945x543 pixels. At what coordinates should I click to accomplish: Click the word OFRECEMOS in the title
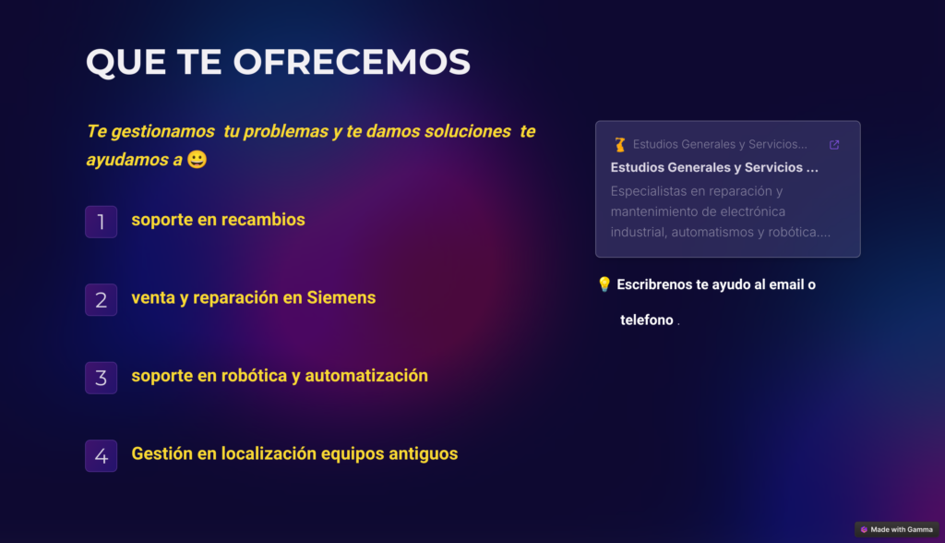[x=352, y=62]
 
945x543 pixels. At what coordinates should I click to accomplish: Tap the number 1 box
[x=102, y=222]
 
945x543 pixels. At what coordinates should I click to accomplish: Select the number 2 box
[x=102, y=299]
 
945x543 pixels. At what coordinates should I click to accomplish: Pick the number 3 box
[x=102, y=378]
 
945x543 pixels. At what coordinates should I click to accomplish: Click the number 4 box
[x=102, y=455]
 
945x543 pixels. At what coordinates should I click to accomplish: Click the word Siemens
[x=341, y=297]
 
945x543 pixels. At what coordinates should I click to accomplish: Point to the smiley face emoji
[x=197, y=160]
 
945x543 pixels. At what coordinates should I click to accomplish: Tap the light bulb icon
[x=604, y=284]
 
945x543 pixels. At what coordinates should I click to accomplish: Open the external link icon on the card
[x=834, y=145]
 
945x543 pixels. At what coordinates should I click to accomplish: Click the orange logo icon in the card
[x=619, y=144]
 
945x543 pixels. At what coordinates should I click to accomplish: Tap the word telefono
[x=646, y=320]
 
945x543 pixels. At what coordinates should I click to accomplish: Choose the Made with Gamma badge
[x=896, y=529]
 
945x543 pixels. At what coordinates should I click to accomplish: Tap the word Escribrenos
[x=656, y=284]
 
